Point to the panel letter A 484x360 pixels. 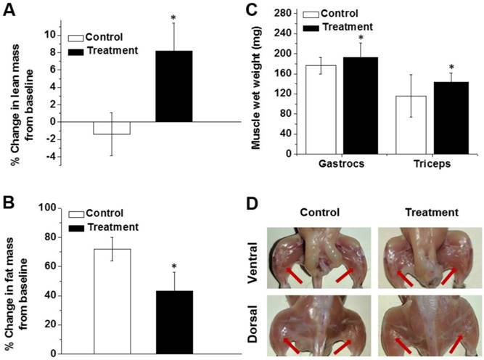tap(12, 11)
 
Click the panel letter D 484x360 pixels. tap(253, 201)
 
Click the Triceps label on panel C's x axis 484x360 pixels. tap(409, 165)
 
